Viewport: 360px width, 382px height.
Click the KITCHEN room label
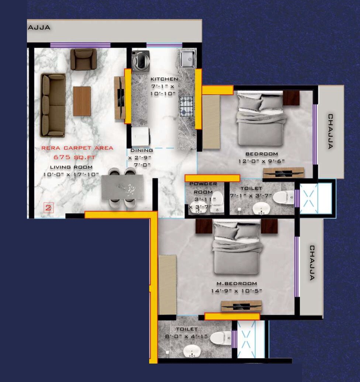click(x=164, y=79)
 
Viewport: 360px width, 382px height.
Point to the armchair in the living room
click(x=83, y=59)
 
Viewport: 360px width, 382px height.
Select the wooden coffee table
click(x=82, y=101)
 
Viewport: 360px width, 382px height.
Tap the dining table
click(x=122, y=187)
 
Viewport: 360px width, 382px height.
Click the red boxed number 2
click(x=48, y=207)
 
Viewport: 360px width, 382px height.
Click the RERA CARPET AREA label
click(x=77, y=148)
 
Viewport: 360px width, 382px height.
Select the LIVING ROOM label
click(x=71, y=167)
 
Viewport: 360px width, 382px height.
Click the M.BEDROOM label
click(x=237, y=283)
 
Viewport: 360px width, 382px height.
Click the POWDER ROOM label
click(x=203, y=188)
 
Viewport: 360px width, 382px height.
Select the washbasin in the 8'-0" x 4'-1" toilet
click(x=191, y=351)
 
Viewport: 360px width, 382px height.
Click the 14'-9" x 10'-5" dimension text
click(x=237, y=291)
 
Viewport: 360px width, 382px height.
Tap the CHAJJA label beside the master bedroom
click(x=312, y=263)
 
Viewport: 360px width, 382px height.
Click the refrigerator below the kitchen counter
click(x=140, y=137)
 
